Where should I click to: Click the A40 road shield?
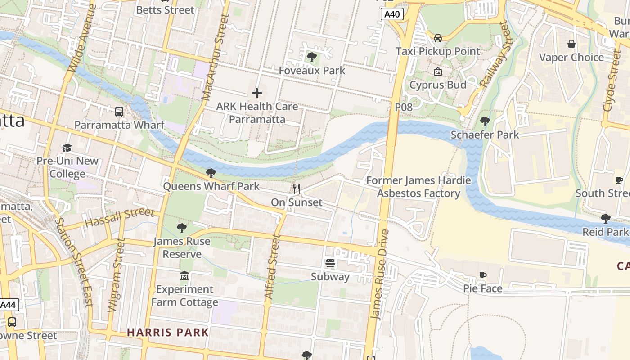[x=392, y=14]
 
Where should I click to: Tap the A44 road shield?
[x=8, y=305]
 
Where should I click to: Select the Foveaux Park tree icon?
[x=311, y=57]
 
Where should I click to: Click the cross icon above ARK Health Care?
[x=257, y=93]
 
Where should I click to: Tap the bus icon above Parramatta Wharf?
[x=119, y=111]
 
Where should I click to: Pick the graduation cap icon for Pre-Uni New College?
[x=67, y=148]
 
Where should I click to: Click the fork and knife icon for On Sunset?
[x=296, y=189]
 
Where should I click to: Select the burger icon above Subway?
[x=330, y=263]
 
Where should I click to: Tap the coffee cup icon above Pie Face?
[x=483, y=275]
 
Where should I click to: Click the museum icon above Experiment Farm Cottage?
[x=184, y=275]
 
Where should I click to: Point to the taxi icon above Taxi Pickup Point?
[x=437, y=38]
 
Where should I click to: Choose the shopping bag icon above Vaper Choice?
[x=571, y=44]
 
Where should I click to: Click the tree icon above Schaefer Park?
[x=485, y=121]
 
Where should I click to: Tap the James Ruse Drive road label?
[x=379, y=274]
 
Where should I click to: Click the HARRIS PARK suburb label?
[x=167, y=333]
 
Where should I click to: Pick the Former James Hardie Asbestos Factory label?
[x=418, y=187]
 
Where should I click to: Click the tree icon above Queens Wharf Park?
[x=211, y=173]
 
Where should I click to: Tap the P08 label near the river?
[x=403, y=107]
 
